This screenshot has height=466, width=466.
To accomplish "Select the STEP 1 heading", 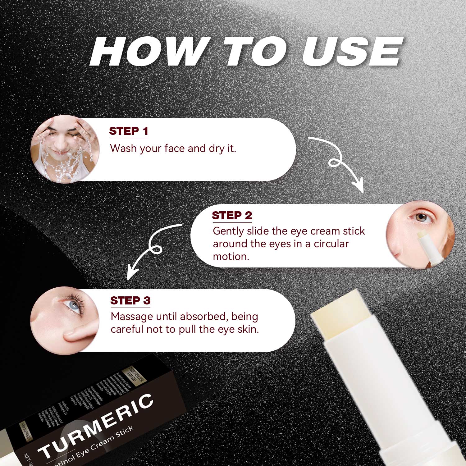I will tap(129, 131).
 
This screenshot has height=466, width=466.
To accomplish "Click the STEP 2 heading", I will tap(232, 216).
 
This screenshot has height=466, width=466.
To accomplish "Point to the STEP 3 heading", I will tap(130, 301).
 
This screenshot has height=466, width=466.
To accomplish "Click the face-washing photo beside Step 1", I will tap(65, 149).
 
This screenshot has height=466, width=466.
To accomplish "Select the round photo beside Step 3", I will tap(65, 320).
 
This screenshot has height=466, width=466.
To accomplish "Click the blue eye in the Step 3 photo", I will tap(74, 305).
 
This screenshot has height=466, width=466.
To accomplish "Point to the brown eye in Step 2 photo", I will tap(421, 217).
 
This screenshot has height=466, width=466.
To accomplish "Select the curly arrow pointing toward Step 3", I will tap(152, 249).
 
